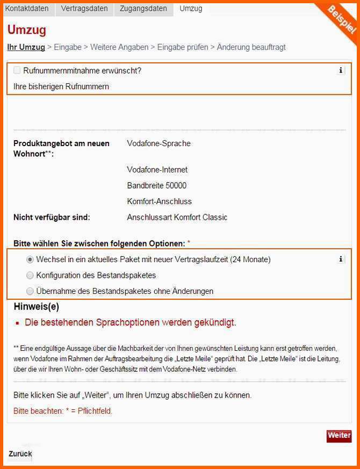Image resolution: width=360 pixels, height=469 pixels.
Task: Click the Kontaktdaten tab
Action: (x=27, y=9)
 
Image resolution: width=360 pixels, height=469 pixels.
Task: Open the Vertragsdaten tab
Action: (x=84, y=9)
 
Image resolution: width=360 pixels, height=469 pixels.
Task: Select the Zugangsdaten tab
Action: (x=143, y=9)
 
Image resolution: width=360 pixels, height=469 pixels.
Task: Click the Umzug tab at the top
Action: (x=191, y=9)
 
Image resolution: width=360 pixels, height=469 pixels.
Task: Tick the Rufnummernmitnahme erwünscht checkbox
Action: (x=17, y=70)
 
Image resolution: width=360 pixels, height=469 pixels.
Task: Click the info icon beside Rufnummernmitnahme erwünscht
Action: (x=341, y=70)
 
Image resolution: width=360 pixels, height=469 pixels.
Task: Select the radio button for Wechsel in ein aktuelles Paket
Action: (x=30, y=259)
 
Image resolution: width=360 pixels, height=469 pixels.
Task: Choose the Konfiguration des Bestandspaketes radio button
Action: (x=30, y=276)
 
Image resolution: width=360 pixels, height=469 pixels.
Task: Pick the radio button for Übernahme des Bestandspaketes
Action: (x=30, y=291)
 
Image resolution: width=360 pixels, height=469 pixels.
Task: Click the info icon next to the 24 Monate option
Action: (x=341, y=259)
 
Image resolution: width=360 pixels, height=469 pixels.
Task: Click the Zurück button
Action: (x=20, y=454)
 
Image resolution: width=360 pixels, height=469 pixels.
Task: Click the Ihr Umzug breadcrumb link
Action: (x=26, y=47)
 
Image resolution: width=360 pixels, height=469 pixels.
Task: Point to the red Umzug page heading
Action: (x=27, y=30)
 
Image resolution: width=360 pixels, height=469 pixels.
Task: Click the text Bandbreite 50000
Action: (x=157, y=185)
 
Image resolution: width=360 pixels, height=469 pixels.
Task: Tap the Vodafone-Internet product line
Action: (x=157, y=170)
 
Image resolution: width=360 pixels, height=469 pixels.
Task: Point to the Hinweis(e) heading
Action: (x=36, y=307)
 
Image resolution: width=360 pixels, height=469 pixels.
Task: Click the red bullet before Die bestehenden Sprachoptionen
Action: (x=18, y=324)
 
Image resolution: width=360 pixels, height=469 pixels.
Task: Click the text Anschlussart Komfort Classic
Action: (x=177, y=218)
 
